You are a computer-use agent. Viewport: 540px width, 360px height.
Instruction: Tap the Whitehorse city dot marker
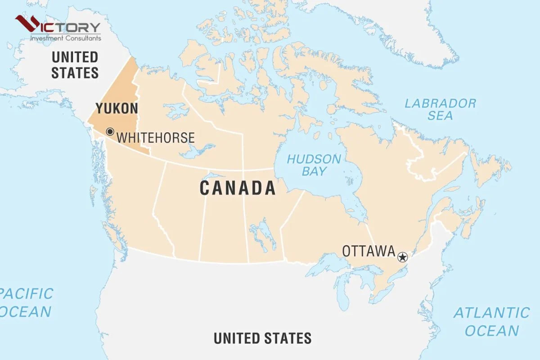(x=110, y=132)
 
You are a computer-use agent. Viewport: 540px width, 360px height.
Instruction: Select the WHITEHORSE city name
(x=156, y=137)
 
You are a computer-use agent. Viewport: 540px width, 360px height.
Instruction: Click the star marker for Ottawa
(x=402, y=257)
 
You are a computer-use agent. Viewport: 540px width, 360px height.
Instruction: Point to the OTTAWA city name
(x=369, y=251)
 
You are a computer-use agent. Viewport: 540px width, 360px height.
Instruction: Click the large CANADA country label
(x=238, y=188)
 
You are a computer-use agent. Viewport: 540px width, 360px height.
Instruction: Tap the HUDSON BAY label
(x=314, y=165)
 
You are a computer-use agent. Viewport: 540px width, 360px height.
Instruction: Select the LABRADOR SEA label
(x=440, y=109)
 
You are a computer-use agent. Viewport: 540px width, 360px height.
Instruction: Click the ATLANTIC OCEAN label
(x=491, y=321)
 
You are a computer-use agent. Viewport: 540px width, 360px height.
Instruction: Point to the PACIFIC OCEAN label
(x=26, y=302)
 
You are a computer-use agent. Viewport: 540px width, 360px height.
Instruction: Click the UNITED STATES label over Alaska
(x=75, y=64)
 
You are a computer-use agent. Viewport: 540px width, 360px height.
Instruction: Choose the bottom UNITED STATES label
(x=262, y=338)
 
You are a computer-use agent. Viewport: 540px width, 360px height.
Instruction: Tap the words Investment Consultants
(x=65, y=38)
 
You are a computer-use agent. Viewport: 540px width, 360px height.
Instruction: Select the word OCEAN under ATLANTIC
(x=491, y=331)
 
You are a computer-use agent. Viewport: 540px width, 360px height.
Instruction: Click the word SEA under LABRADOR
(x=440, y=116)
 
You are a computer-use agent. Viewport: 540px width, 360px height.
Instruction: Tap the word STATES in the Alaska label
(x=75, y=72)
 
